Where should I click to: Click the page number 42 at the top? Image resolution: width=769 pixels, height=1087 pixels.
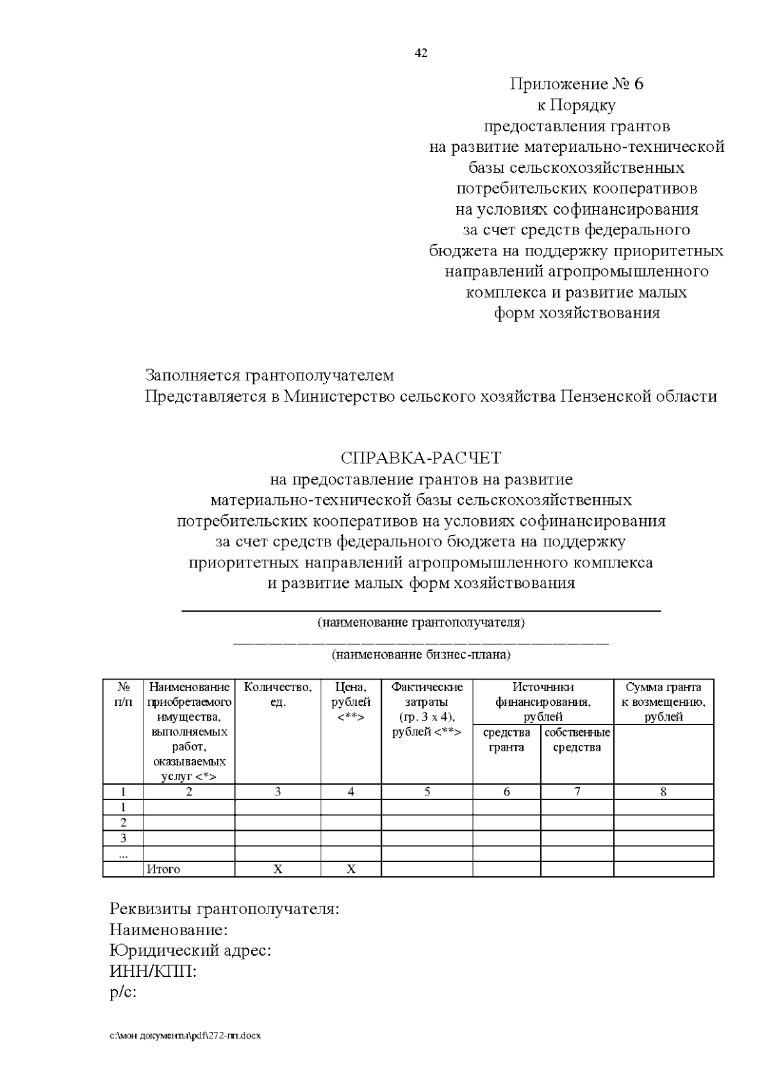[421, 53]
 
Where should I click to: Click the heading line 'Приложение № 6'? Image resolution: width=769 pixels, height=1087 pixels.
[576, 84]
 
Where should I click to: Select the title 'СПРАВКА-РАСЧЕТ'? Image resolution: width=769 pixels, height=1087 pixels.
[420, 458]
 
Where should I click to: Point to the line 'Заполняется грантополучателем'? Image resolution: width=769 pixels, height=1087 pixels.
[269, 375]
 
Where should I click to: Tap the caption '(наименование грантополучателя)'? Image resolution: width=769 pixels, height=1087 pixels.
[421, 622]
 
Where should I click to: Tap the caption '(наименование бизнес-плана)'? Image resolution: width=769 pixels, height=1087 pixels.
[421, 655]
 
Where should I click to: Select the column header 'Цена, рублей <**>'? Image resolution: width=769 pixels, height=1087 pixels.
[351, 702]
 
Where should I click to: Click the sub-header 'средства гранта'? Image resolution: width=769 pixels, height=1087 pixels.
[506, 740]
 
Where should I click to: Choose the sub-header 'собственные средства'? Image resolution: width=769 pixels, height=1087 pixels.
[577, 740]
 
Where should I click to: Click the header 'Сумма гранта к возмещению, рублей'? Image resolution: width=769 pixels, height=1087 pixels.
[663, 702]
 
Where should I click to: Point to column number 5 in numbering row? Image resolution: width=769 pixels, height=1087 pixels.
[427, 792]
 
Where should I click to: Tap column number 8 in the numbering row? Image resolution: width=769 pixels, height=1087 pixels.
[663, 792]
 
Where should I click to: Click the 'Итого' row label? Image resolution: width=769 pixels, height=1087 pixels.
[163, 869]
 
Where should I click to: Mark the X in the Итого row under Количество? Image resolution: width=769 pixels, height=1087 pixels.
[277, 869]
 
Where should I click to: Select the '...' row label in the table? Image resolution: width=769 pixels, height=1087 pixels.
[123, 854]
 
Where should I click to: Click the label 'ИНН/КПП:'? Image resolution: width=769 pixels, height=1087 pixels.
[153, 972]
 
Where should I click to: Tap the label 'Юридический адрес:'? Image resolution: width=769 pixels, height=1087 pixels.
[190, 951]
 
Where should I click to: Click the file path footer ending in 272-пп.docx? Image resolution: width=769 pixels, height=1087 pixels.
[185, 1035]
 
